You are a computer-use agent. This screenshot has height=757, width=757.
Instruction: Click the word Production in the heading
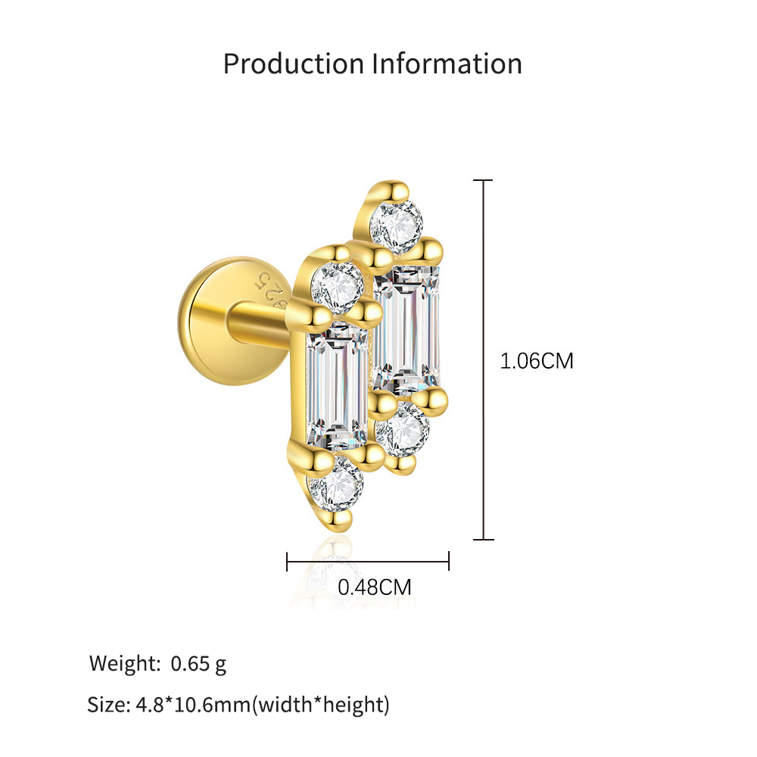coord(294,64)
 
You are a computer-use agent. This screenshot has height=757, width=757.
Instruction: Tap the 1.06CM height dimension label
coord(537,361)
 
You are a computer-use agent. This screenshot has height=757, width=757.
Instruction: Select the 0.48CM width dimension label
coord(375,587)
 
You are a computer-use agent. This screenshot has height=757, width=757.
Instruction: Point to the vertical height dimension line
coord(483,360)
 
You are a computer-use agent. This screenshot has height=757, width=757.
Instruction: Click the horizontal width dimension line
coord(368,562)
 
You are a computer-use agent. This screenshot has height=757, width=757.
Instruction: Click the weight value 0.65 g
coord(198,665)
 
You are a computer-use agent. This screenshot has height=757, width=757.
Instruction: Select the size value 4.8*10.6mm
coord(193,705)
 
